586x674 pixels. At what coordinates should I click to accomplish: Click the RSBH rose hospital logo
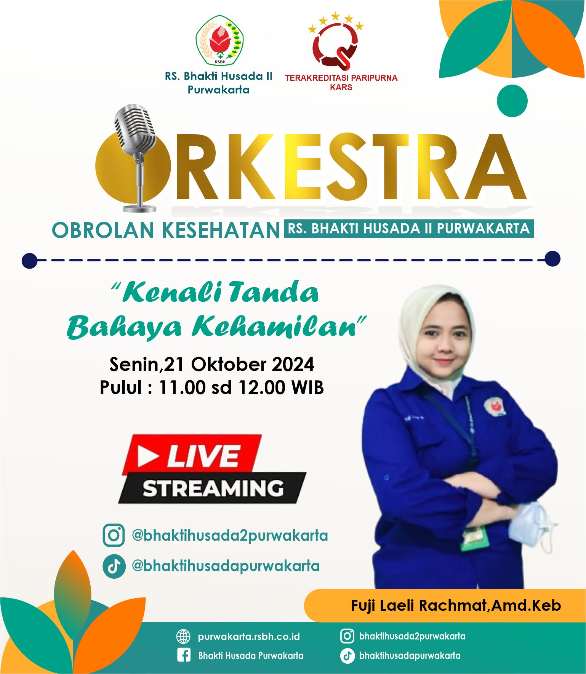click(220, 40)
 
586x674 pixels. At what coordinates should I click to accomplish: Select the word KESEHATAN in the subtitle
click(221, 230)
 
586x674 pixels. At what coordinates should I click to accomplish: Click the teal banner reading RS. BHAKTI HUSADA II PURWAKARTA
click(408, 229)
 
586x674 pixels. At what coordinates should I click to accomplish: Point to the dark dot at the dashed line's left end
click(29, 261)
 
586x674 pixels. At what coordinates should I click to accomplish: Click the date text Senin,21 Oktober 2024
click(212, 364)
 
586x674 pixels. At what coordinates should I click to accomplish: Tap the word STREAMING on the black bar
click(213, 488)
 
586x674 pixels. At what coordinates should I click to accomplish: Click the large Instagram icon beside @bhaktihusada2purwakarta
click(114, 535)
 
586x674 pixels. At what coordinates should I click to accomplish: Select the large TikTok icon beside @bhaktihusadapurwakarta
click(114, 567)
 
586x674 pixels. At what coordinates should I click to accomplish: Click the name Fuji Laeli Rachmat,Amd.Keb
click(456, 605)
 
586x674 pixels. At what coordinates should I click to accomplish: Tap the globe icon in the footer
click(183, 636)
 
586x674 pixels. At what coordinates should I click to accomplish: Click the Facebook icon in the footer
click(184, 655)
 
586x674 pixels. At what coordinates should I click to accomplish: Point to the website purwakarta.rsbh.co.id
click(249, 637)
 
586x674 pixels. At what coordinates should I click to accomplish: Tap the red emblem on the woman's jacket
click(495, 407)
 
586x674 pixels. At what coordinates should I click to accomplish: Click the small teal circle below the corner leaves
click(512, 101)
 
